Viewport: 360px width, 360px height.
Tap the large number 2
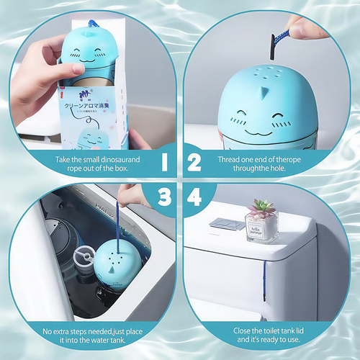(194, 162)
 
